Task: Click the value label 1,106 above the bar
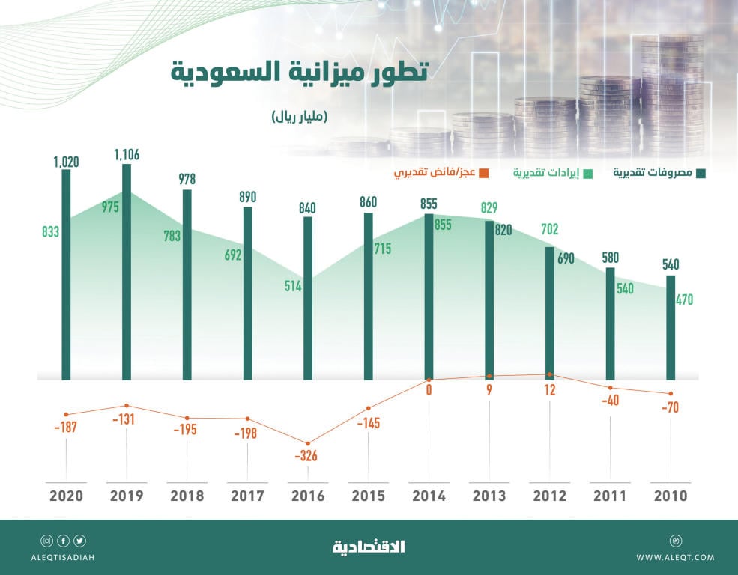(x=127, y=155)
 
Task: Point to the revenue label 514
(x=292, y=286)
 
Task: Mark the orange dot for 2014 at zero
(x=429, y=379)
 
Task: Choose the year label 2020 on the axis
(x=66, y=496)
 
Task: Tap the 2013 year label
(x=489, y=496)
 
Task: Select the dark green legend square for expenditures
(x=701, y=174)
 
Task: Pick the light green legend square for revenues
(x=588, y=174)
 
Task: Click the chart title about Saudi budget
(x=299, y=73)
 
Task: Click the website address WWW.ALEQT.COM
(x=675, y=557)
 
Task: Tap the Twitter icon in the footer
(x=79, y=541)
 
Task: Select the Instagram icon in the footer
(x=46, y=541)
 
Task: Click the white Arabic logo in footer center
(x=369, y=547)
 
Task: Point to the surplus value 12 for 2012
(x=550, y=389)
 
